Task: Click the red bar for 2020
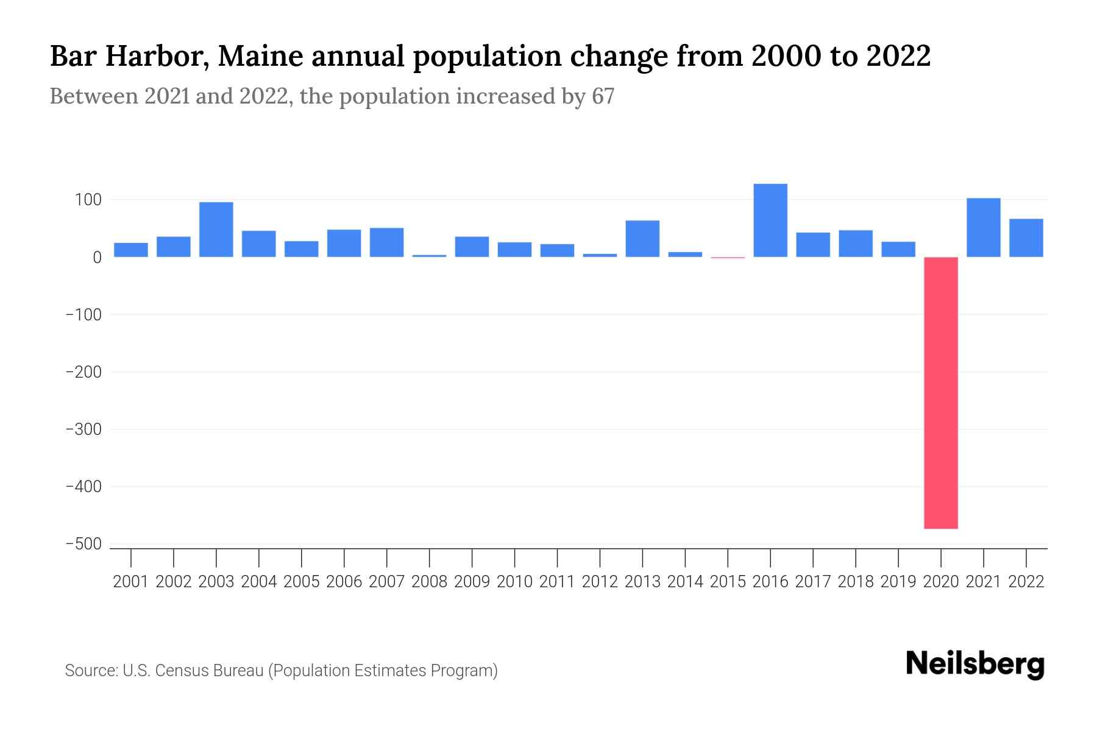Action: click(x=940, y=393)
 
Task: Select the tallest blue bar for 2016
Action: click(x=770, y=221)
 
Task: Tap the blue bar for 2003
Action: click(x=216, y=230)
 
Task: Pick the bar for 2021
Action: click(x=983, y=228)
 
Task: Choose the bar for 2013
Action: click(x=642, y=239)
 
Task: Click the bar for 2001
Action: click(x=131, y=250)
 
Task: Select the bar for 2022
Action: click(x=1026, y=238)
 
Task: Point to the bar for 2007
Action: click(x=386, y=242)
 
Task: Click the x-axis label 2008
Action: click(x=429, y=582)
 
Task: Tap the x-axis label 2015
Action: click(x=728, y=582)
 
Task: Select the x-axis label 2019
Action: click(x=898, y=582)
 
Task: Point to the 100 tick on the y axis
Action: click(x=88, y=200)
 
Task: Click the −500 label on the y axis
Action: click(x=83, y=544)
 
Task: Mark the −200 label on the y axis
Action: click(x=83, y=372)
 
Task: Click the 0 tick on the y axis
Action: click(x=96, y=258)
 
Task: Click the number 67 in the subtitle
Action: click(x=603, y=96)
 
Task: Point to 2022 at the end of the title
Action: click(x=898, y=56)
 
